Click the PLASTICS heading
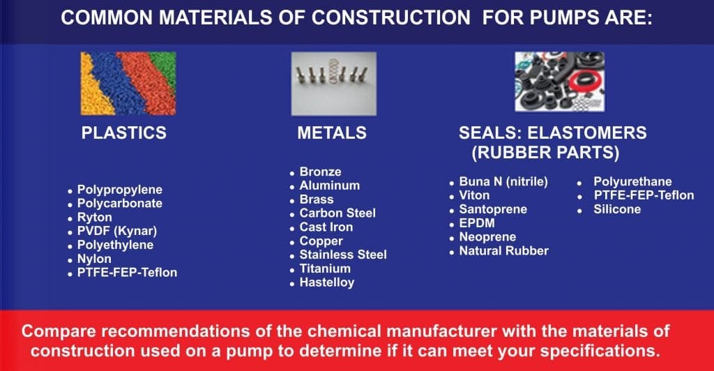pyautogui.click(x=124, y=133)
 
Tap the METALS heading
pyautogui.click(x=332, y=133)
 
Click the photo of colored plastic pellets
pyautogui.click(x=128, y=83)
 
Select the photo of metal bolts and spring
pyautogui.click(x=334, y=83)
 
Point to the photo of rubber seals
pyautogui.click(x=560, y=82)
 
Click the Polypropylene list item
pyautogui.click(x=120, y=190)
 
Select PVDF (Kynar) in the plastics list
pyautogui.click(x=117, y=232)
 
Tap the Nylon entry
pyautogui.click(x=94, y=259)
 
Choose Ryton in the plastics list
pyautogui.click(x=95, y=218)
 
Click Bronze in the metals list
pyautogui.click(x=320, y=172)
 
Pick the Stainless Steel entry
pyautogui.click(x=343, y=255)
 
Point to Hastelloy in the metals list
pyautogui.click(x=326, y=282)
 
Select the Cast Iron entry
pyautogui.click(x=326, y=227)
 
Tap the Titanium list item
pyautogui.click(x=325, y=268)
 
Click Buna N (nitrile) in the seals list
pyautogui.click(x=503, y=181)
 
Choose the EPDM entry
pyautogui.click(x=477, y=223)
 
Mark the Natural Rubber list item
pyautogui.click(x=504, y=251)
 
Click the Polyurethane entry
pyautogui.click(x=632, y=181)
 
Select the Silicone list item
pyautogui.click(x=617, y=209)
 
